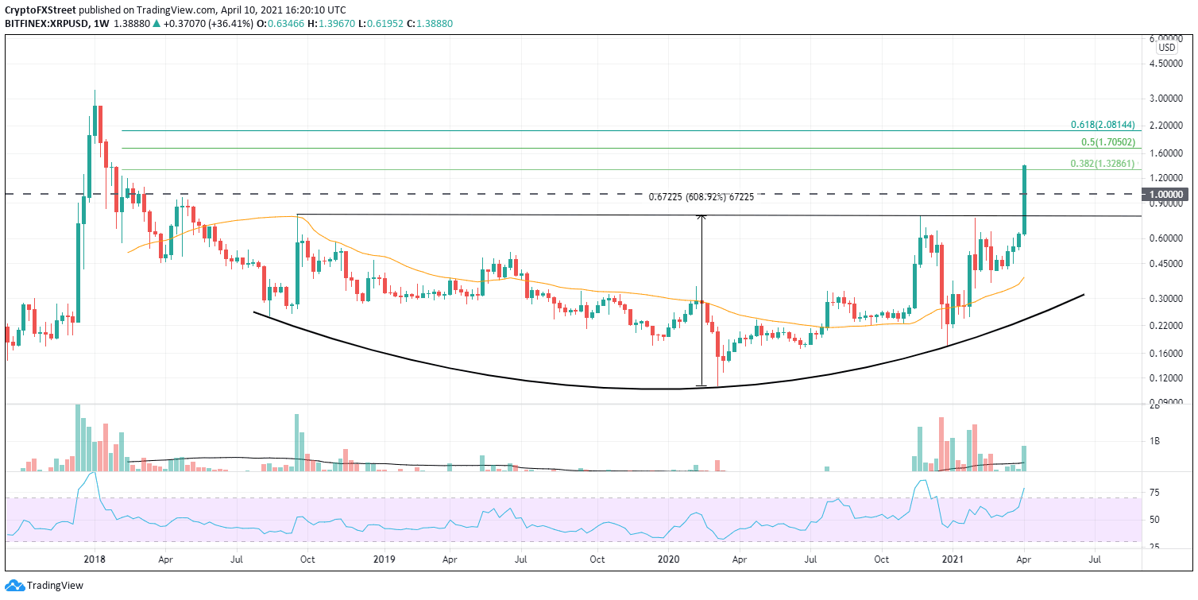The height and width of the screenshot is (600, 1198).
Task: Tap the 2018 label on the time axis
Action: coord(95,559)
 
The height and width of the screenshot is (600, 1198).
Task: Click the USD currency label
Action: coord(1167,48)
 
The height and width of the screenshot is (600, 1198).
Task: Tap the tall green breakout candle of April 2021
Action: coord(1025,199)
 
